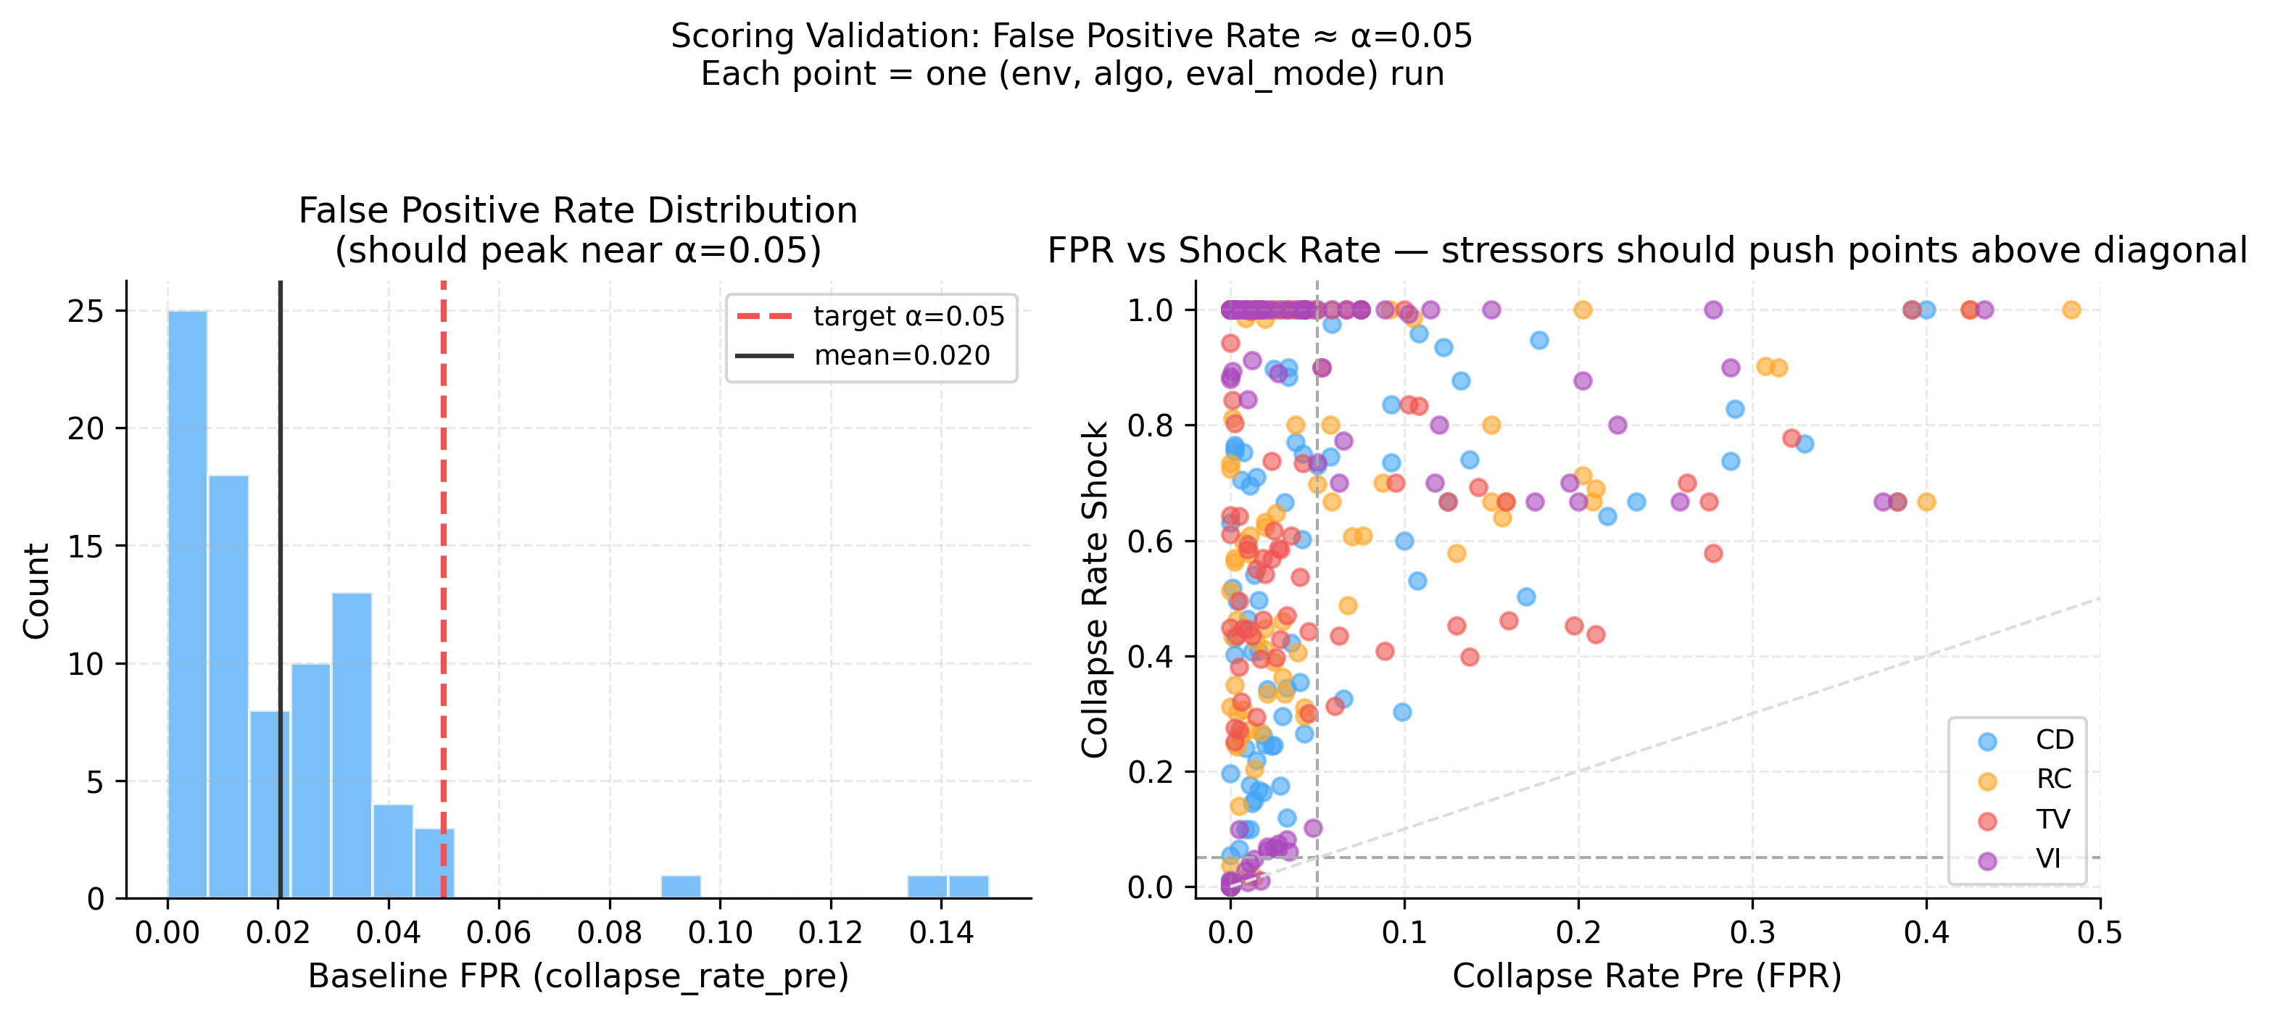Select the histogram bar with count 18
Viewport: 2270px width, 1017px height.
[228, 686]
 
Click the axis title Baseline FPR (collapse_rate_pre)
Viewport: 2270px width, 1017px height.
[578, 976]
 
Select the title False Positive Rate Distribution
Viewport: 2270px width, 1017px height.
[578, 211]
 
